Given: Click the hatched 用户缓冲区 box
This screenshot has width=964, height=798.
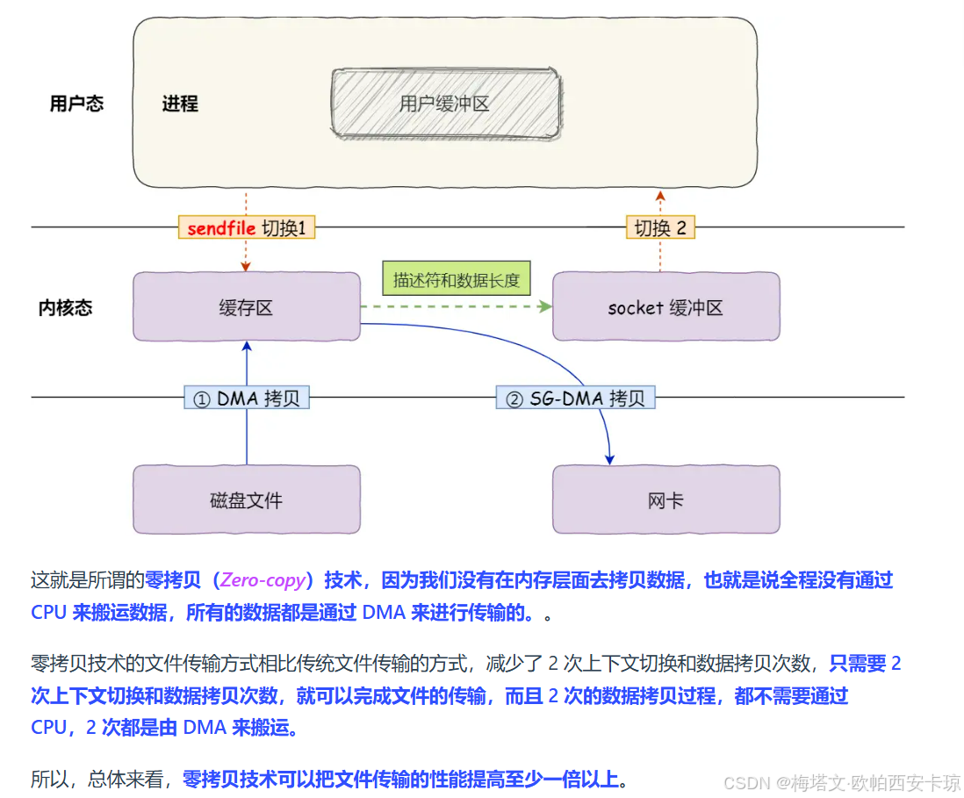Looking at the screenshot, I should pyautogui.click(x=446, y=104).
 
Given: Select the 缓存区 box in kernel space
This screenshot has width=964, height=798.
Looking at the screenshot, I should pyautogui.click(x=246, y=307).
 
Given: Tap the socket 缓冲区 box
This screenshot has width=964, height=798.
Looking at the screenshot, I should pyautogui.click(x=665, y=307).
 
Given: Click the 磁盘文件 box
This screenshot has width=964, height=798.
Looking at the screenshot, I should pyautogui.click(x=246, y=500).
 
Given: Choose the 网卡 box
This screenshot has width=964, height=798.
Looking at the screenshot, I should pyautogui.click(x=665, y=500).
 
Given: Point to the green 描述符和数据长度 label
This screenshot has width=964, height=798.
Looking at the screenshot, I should pyautogui.click(x=457, y=281).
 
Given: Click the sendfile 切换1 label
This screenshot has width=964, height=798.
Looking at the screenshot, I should pyautogui.click(x=246, y=228).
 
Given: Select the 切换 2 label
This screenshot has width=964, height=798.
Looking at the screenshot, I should pyautogui.click(x=660, y=228).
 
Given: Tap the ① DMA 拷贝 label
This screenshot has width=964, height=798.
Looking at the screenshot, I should pyautogui.click(x=247, y=399).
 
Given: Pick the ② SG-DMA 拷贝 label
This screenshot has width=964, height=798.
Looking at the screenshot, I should pyautogui.click(x=575, y=399).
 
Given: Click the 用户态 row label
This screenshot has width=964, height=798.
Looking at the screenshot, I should pyautogui.click(x=76, y=104).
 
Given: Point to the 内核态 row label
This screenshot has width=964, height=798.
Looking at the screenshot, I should pyautogui.click(x=66, y=307).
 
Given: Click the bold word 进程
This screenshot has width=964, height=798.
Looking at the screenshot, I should pyautogui.click(x=180, y=104).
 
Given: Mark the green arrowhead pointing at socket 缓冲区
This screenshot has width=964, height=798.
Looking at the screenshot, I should pyautogui.click(x=545, y=306).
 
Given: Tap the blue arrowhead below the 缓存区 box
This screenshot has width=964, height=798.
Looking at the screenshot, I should pyautogui.click(x=247, y=348).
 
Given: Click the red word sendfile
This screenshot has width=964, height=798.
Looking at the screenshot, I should pyautogui.click(x=221, y=228).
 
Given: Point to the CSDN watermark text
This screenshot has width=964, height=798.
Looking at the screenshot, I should pyautogui.click(x=843, y=782).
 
